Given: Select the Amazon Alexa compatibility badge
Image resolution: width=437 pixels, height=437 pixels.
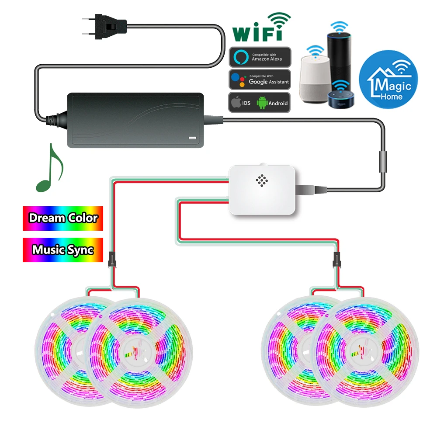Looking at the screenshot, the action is (260, 57).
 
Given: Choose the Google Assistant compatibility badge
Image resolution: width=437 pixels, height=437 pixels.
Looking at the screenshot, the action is (260, 80).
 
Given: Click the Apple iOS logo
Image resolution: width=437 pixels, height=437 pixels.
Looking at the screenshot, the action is (236, 103).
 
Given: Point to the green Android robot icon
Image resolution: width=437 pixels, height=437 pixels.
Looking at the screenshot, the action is (262, 103).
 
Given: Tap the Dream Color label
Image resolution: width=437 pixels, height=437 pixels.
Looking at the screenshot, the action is (62, 218).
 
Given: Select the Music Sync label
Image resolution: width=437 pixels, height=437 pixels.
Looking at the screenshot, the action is (62, 250).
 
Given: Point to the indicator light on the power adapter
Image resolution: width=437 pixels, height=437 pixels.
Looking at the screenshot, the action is (191, 139).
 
